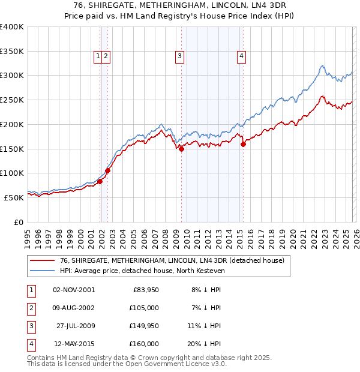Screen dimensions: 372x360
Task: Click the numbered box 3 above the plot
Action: click(179, 56)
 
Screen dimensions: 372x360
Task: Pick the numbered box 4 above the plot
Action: click(241, 56)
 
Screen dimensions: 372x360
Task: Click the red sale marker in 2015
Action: click(243, 144)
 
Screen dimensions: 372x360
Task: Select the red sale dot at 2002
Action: click(108, 170)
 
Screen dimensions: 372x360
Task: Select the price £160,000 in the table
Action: click(143, 344)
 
